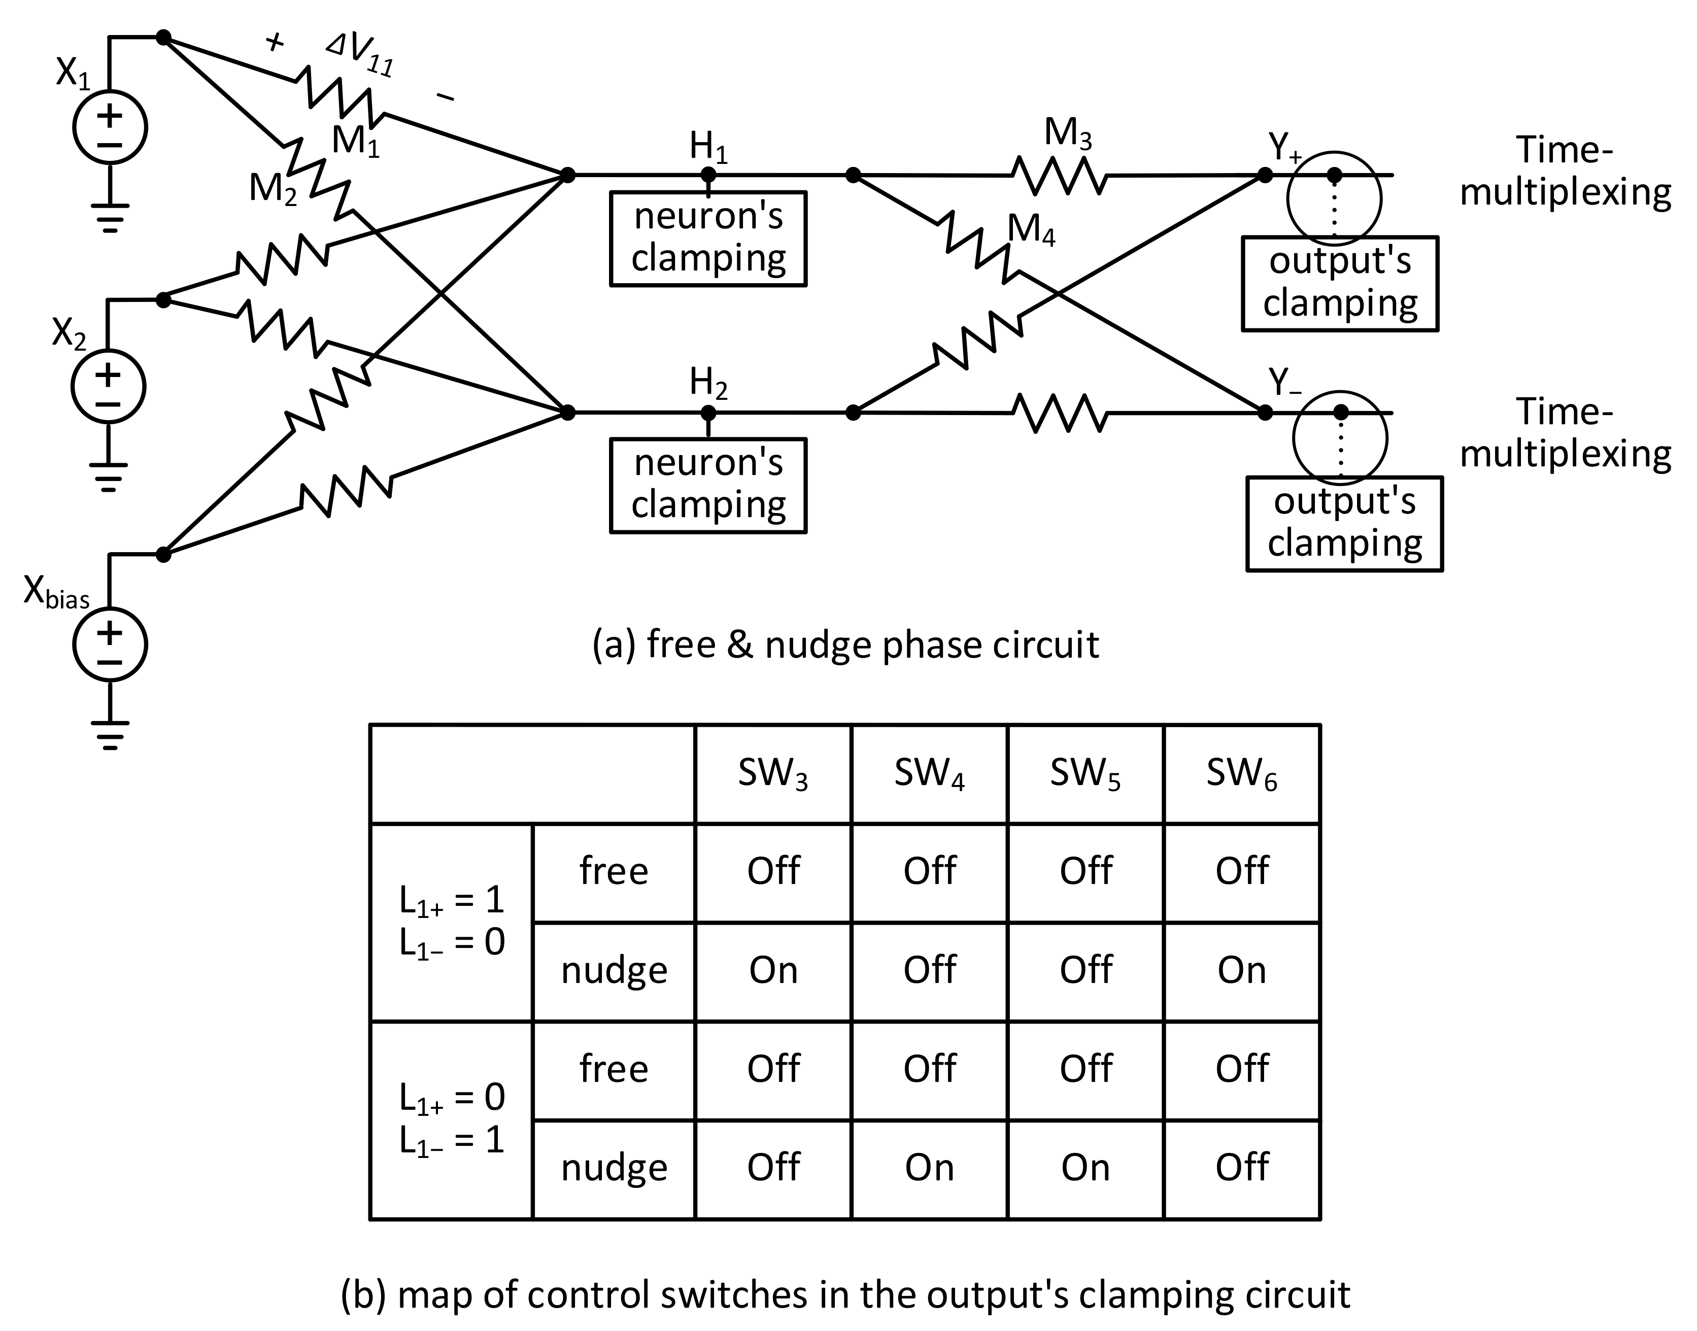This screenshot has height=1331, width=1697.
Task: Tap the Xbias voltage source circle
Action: click(110, 645)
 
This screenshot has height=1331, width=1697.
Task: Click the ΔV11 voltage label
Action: click(359, 56)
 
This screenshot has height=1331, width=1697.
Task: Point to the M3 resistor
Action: click(1059, 176)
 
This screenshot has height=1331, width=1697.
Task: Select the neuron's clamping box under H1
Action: click(707, 238)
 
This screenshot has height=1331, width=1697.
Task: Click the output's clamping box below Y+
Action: click(1339, 284)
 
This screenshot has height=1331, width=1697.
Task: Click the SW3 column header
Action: click(773, 774)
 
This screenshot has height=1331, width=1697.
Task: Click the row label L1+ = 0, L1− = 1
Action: click(452, 1119)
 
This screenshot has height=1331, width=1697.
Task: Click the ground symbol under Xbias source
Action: click(110, 734)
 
